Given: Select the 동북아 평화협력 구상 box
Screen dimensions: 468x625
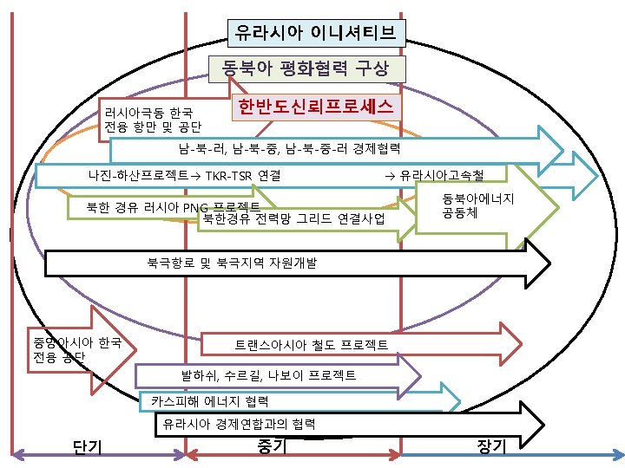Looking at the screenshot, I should pyautogui.click(x=305, y=68).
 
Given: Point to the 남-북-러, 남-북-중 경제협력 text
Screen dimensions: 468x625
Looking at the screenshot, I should pyautogui.click(x=289, y=148).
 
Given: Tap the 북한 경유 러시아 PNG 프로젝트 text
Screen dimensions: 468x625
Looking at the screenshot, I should pyautogui.click(x=174, y=207).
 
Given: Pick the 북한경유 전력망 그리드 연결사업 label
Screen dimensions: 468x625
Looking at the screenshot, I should pyautogui.click(x=293, y=218).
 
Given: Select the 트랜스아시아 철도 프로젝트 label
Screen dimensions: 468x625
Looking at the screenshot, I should pyautogui.click(x=312, y=345).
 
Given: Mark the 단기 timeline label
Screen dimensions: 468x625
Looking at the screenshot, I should pyautogui.click(x=89, y=446).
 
